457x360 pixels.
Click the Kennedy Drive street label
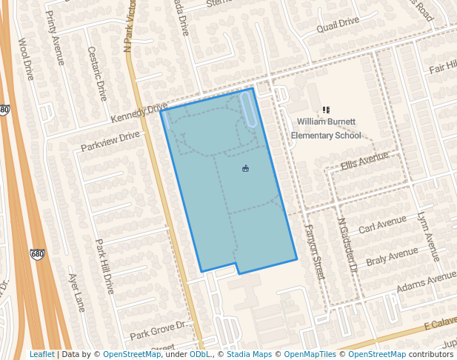[139, 113]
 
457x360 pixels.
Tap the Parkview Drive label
[110, 140]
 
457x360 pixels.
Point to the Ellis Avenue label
[364, 161]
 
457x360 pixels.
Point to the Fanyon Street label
[315, 252]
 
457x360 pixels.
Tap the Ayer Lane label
[77, 292]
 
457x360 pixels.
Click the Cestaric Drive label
[98, 73]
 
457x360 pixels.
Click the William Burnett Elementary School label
[326, 127]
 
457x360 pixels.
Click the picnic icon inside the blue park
[246, 169]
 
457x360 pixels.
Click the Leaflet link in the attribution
[41, 354]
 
